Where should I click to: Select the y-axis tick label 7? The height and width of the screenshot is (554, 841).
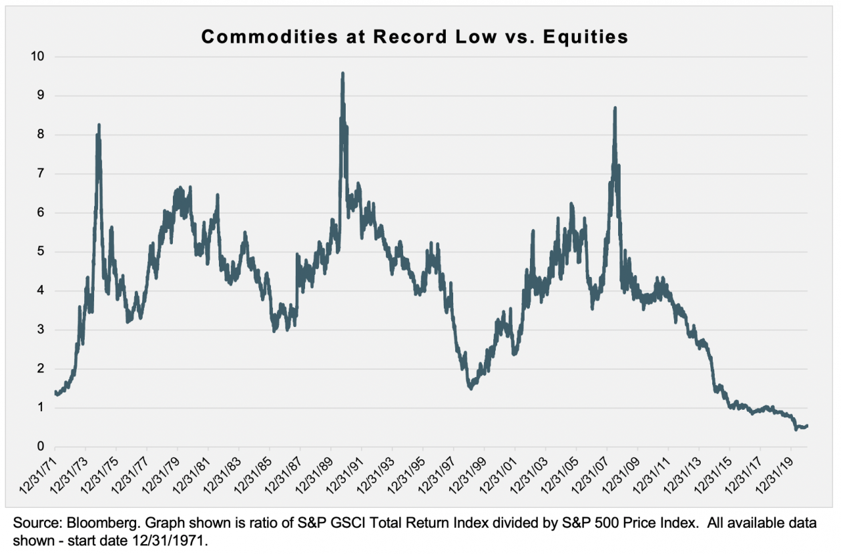click(x=41, y=174)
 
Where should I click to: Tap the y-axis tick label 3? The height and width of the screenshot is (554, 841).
click(x=41, y=330)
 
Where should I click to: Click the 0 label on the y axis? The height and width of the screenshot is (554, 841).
click(x=41, y=447)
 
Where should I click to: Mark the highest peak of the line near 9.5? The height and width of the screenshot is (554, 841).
click(x=342, y=74)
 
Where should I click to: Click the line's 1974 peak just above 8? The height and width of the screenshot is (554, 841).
click(x=99, y=125)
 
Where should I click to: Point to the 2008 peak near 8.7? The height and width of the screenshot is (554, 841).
click(x=615, y=108)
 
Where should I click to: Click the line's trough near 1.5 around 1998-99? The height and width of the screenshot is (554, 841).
click(x=471, y=388)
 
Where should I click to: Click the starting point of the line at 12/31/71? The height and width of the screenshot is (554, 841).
click(x=55, y=392)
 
